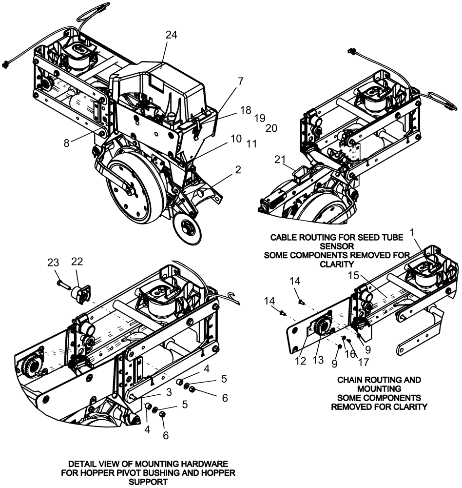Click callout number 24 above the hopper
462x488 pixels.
tap(171, 35)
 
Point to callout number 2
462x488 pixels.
tap(238, 170)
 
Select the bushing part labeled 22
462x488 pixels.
tap(79, 294)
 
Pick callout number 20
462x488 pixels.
tap(271, 128)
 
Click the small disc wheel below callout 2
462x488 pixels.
tap(187, 227)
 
